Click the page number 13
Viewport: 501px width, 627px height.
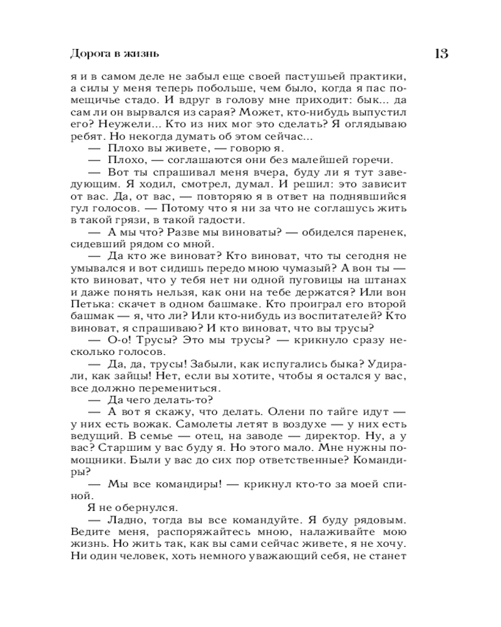point(441,53)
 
